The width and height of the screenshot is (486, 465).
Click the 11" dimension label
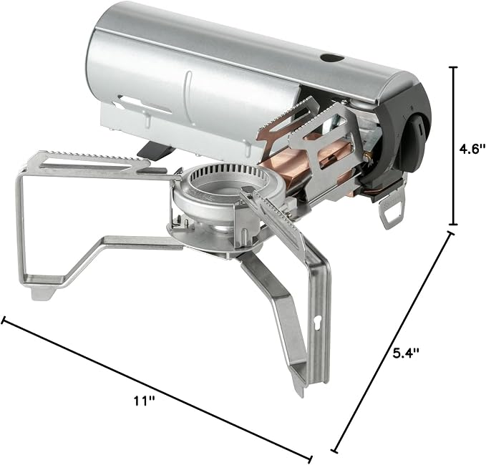tap(144, 401)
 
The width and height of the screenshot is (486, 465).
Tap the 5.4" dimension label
tap(406, 353)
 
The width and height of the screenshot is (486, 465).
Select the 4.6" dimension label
tap(472, 149)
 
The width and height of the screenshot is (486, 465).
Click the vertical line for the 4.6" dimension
tap(454, 146)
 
